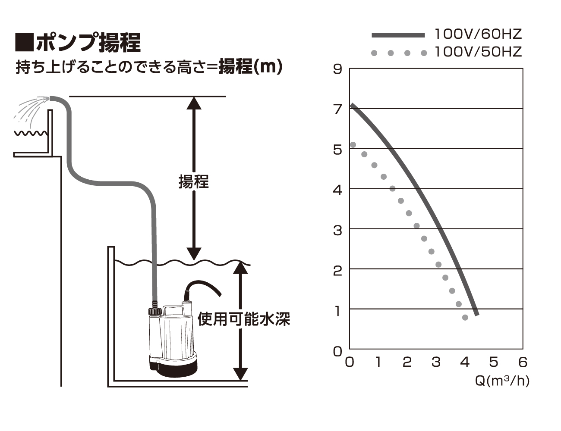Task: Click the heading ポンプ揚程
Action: [88, 43]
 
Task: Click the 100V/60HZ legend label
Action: [478, 34]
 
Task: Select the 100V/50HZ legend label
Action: [478, 52]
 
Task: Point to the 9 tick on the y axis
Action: [337, 69]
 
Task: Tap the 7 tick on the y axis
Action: [337, 109]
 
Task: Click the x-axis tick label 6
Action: [523, 362]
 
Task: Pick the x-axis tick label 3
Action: [436, 362]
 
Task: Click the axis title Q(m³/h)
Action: [502, 381]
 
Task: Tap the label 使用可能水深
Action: [244, 319]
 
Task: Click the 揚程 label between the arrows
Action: [194, 181]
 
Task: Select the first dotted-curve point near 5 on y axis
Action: [353, 145]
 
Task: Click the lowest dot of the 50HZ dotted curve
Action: [465, 318]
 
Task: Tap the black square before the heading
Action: [25, 42]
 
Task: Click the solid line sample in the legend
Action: [398, 35]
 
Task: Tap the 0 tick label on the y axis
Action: [337, 351]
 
